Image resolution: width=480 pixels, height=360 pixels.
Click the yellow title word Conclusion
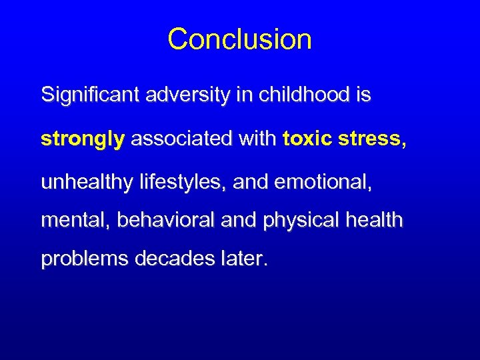point(239,39)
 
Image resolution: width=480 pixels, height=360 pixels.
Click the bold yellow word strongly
point(83,140)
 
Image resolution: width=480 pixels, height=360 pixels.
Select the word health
point(377,221)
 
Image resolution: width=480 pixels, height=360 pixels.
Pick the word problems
point(85,259)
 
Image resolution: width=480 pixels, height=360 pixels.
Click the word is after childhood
point(363,95)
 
